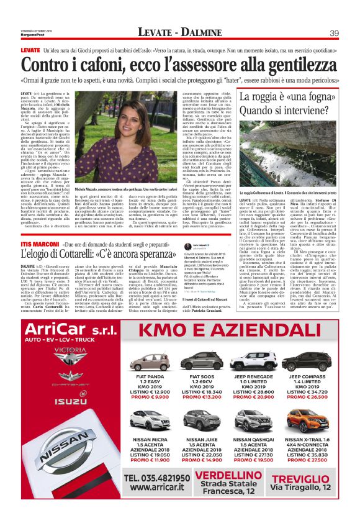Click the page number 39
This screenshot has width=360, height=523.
point(333,32)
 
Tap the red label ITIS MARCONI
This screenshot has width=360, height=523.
point(40,228)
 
